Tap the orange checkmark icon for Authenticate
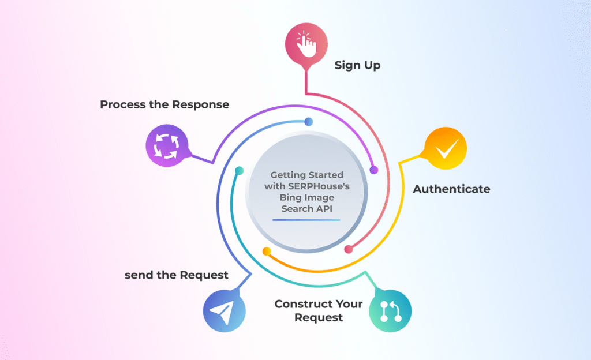pyautogui.click(x=445, y=149)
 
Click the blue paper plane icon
pyautogui.click(x=224, y=312)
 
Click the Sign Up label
pyautogui.click(x=357, y=65)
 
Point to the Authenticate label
pyautogui.click(x=451, y=189)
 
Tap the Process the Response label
pyautogui.click(x=164, y=104)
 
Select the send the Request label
pyautogui.click(x=177, y=275)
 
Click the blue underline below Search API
pyautogui.click(x=306, y=220)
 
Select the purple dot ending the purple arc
pyautogui.click(x=373, y=170)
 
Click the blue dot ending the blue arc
pyautogui.click(x=309, y=122)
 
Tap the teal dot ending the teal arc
pyautogui.click(x=238, y=170)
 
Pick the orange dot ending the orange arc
pyautogui.click(x=267, y=252)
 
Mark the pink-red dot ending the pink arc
pyautogui.click(x=348, y=249)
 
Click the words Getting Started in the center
pyautogui.click(x=306, y=175)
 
